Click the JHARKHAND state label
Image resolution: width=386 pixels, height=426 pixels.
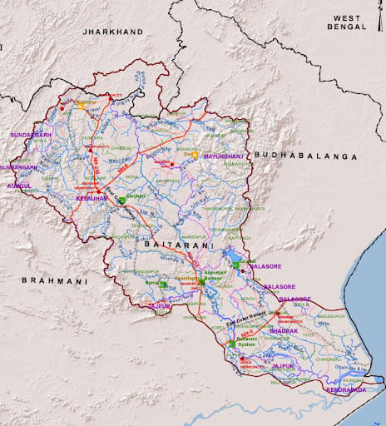[x=112, y=32]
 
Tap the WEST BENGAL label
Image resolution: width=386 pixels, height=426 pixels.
[x=349, y=22]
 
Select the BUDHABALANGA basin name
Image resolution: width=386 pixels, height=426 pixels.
[x=305, y=156]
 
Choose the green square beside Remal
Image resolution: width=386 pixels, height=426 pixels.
[x=163, y=285]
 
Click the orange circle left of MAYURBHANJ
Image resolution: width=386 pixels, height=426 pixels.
[x=195, y=155]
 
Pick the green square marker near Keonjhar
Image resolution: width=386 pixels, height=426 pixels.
[x=121, y=201]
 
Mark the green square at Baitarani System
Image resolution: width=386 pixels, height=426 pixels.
[x=232, y=344]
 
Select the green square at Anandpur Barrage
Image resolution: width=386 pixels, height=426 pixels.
[x=200, y=283]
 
